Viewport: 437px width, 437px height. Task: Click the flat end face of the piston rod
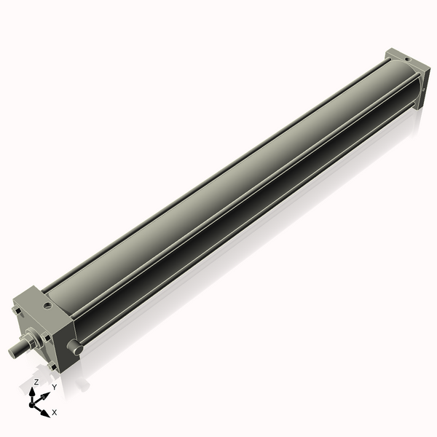tap(12, 351)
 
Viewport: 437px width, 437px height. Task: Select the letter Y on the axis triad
tap(54, 387)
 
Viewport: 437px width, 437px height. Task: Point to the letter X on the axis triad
tap(55, 412)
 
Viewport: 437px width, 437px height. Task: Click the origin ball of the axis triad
tap(34, 402)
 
